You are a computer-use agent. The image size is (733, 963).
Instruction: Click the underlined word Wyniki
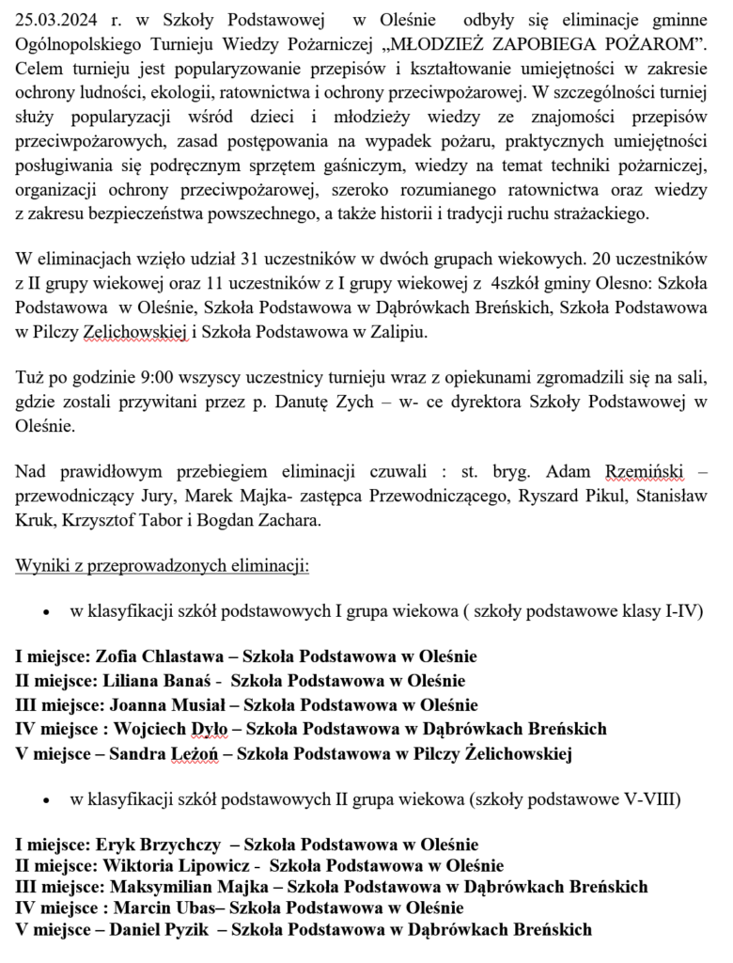39,567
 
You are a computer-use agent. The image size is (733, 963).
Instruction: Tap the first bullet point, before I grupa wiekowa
46,612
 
